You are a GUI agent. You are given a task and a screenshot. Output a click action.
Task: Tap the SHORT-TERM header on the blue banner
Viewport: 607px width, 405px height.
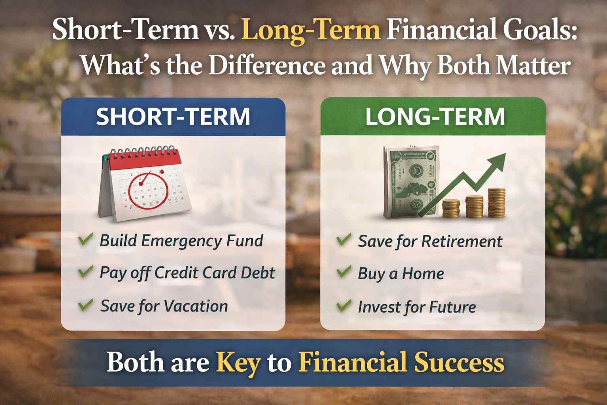coord(173,117)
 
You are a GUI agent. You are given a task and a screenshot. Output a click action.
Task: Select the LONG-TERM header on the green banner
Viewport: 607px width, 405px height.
coord(435,117)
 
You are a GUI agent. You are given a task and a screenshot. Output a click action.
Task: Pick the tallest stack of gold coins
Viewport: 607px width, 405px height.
coord(496,202)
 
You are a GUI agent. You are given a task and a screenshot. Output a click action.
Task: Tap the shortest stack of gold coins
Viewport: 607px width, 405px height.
coord(451,208)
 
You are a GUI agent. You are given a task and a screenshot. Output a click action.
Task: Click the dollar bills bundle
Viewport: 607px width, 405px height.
coord(409,182)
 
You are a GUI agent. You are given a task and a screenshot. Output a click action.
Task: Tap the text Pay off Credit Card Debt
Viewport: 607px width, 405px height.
coord(187,273)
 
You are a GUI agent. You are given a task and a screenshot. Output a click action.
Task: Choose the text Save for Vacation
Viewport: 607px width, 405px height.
coord(164,306)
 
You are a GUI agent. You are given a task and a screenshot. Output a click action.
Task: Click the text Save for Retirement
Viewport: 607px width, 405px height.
coord(430,241)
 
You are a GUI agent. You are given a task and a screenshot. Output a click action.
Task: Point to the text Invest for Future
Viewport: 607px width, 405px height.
coord(417,307)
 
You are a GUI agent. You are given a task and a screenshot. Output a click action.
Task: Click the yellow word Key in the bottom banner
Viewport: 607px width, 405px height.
coord(238,362)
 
